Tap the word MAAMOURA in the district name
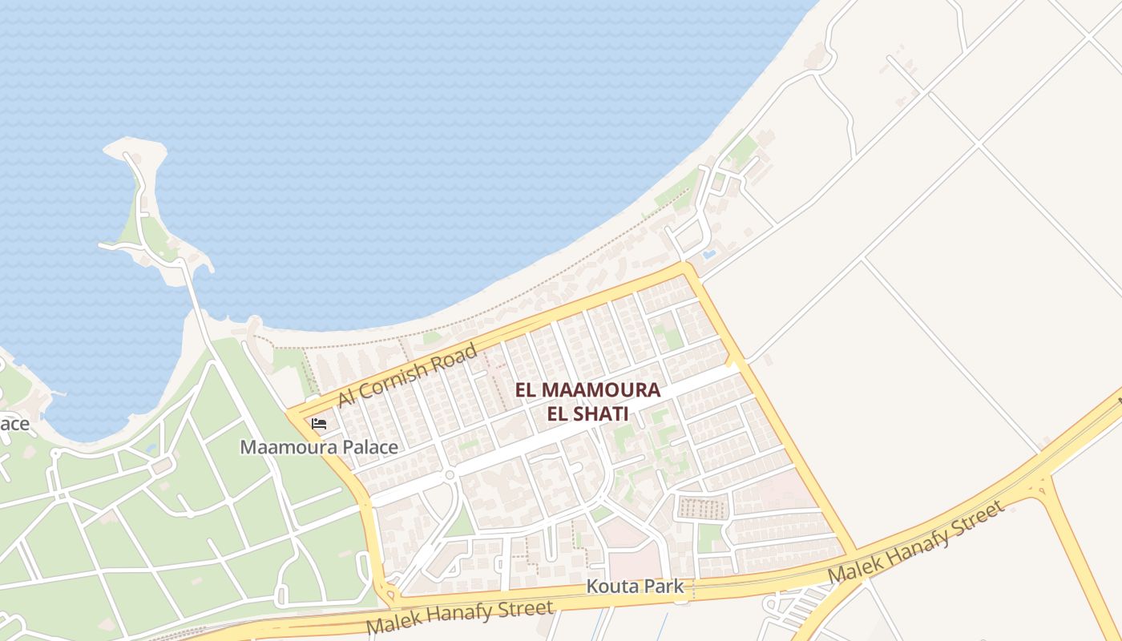coord(601,390)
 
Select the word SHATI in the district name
coord(602,414)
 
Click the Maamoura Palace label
coord(319,447)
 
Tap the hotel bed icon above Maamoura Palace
coord(319,423)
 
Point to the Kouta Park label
coord(635,587)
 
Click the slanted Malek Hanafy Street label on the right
coord(914,543)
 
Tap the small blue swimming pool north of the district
coord(708,254)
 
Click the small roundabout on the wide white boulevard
coord(450,475)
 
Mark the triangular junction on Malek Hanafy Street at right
coord(1040,486)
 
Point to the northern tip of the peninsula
coord(132,145)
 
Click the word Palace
coord(369,447)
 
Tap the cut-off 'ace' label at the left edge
coord(14,423)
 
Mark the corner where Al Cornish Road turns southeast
coord(686,270)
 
